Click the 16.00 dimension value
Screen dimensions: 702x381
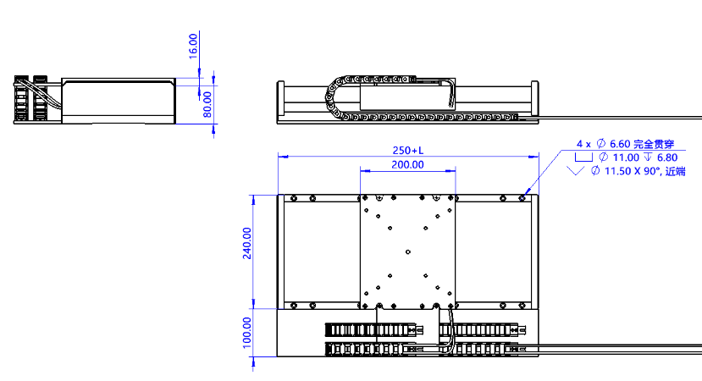pyautogui.click(x=193, y=46)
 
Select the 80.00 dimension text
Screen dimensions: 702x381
pyautogui.click(x=207, y=104)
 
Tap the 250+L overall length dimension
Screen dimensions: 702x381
pyautogui.click(x=408, y=151)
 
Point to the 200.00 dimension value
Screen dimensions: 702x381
pyautogui.click(x=407, y=165)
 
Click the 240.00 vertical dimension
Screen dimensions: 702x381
pyautogui.click(x=247, y=243)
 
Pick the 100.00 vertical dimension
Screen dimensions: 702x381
pyautogui.click(x=247, y=333)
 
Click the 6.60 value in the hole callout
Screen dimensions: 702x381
pyautogui.click(x=620, y=144)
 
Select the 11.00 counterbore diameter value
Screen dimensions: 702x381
pyautogui.click(x=626, y=157)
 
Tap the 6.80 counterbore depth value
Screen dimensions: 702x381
pyautogui.click(x=667, y=157)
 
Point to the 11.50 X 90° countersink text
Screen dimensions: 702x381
pyautogui.click(x=633, y=171)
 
